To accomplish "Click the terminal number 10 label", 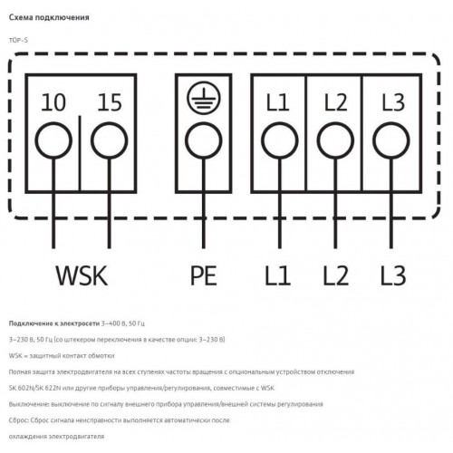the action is tap(53, 102).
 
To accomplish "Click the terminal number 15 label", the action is tap(110, 102).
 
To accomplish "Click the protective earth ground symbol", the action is tap(204, 98).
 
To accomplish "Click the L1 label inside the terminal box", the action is tap(278, 102).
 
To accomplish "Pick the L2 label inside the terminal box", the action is tap(335, 102).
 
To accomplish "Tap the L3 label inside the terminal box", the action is tap(393, 102).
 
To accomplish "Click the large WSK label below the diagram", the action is tap(82, 275).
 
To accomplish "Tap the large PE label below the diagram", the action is tap(204, 275).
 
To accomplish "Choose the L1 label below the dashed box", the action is tap(278, 275).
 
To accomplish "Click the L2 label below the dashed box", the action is tap(336, 275).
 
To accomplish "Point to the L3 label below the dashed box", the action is tap(393, 275).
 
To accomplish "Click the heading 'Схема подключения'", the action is tap(49, 17).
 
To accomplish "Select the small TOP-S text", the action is tap(18, 40).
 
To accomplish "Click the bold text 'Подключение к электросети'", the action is tap(54, 323).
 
